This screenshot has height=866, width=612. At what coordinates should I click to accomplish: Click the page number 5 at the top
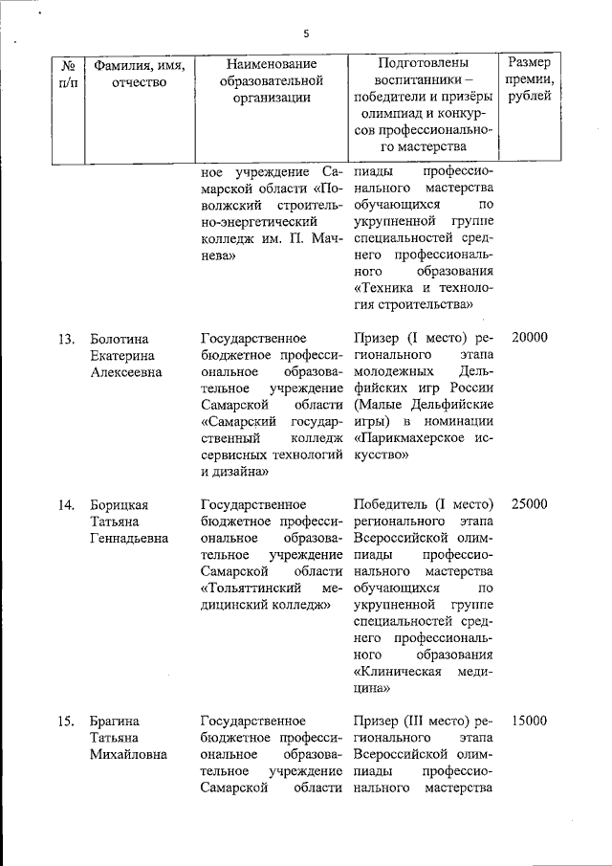[x=306, y=33]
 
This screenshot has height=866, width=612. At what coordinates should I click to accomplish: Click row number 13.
[x=67, y=339]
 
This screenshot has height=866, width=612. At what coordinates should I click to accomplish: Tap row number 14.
[x=67, y=504]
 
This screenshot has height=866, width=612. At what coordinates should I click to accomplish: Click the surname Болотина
[x=120, y=339]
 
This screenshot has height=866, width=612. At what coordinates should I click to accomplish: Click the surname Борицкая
[x=120, y=504]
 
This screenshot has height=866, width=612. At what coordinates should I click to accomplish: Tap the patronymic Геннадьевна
[x=129, y=538]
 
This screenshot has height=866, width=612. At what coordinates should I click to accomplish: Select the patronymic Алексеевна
[x=125, y=373]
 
